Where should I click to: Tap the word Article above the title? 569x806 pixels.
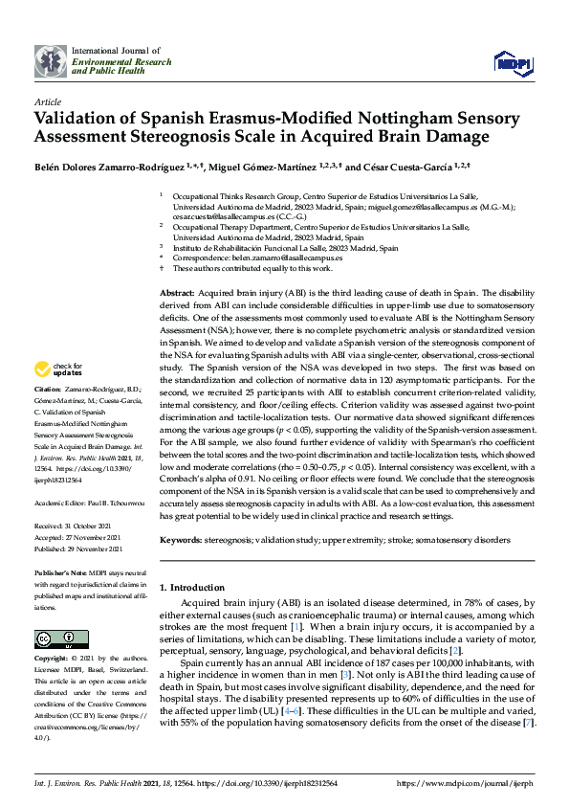47,101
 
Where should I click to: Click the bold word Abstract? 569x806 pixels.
177,291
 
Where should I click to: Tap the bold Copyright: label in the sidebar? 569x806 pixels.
52,660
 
